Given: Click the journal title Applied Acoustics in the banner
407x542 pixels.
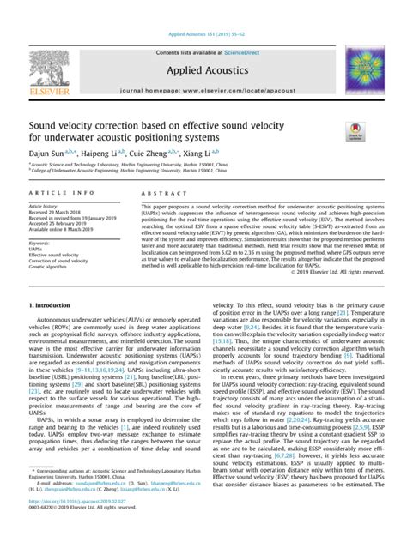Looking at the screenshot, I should [203, 65].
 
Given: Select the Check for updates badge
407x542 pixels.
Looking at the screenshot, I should [354, 131].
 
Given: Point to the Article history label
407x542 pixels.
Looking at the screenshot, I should [44, 207].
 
